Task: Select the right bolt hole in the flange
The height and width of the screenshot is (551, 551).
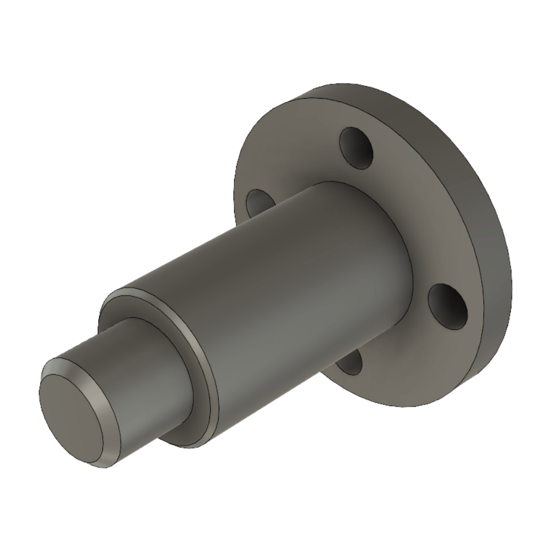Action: pyautogui.click(x=447, y=306)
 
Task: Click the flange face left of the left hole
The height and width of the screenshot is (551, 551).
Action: pyautogui.click(x=242, y=182)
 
